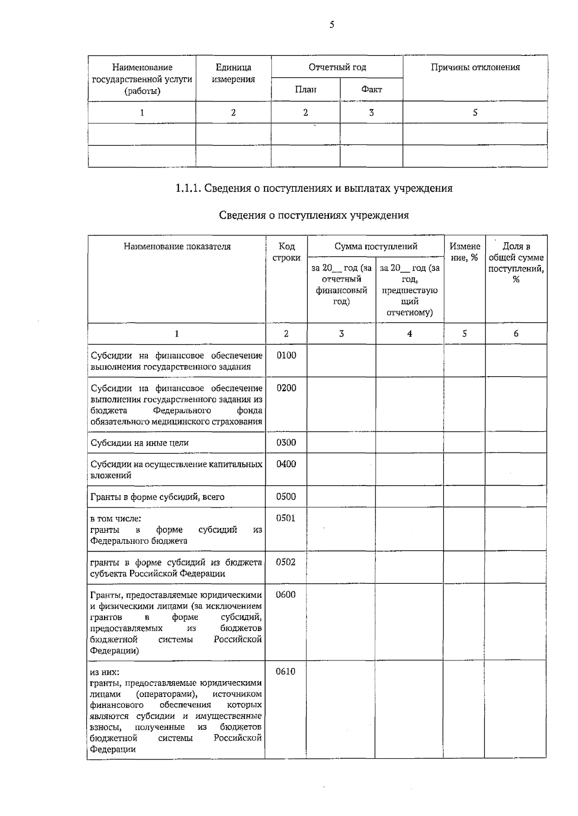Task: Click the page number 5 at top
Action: [332, 25]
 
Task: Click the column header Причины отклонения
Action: [475, 67]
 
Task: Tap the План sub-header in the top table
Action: [305, 90]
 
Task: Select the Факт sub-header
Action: [371, 90]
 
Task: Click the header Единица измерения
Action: [233, 73]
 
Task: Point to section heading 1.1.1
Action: [314, 188]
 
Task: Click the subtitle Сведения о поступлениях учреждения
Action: [314, 215]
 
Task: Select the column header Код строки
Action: [286, 252]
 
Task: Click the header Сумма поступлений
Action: [376, 247]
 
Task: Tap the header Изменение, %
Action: [464, 252]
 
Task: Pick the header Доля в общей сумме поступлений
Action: [516, 263]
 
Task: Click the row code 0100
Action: [286, 355]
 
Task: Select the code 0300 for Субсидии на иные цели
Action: [286, 443]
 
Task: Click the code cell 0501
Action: [286, 518]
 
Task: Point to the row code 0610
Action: [285, 671]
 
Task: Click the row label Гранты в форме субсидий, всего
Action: [158, 497]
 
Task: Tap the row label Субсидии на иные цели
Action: [140, 443]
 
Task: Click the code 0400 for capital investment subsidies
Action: [286, 464]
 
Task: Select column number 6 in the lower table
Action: [516, 334]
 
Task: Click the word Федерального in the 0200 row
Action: [182, 411]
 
